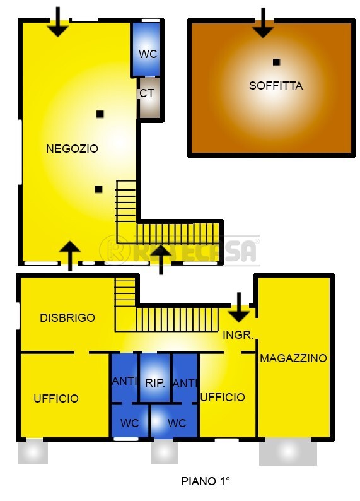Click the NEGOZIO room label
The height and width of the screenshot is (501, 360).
(73, 149)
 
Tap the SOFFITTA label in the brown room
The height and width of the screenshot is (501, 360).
(276, 86)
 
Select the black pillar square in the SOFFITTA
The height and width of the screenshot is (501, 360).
(276, 62)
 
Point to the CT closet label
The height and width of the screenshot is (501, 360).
(147, 93)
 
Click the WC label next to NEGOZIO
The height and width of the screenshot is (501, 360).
(148, 54)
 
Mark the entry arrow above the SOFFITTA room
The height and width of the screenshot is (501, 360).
(264, 23)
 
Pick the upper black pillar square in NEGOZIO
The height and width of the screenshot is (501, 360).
(100, 114)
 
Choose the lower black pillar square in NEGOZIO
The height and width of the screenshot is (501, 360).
(98, 189)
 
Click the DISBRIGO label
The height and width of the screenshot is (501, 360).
(67, 317)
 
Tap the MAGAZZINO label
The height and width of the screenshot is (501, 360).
(294, 358)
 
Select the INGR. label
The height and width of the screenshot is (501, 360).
(238, 335)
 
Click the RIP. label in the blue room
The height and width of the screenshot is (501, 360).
(155, 382)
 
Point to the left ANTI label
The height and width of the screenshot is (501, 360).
(124, 382)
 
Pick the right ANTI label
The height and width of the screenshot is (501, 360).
(185, 383)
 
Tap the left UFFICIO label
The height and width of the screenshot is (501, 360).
(56, 399)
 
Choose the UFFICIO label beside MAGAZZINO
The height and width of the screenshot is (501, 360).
(223, 398)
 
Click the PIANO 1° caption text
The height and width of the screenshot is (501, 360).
(206, 481)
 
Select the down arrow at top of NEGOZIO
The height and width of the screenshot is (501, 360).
(58, 22)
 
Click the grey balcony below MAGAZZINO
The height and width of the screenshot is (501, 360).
(288, 452)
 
